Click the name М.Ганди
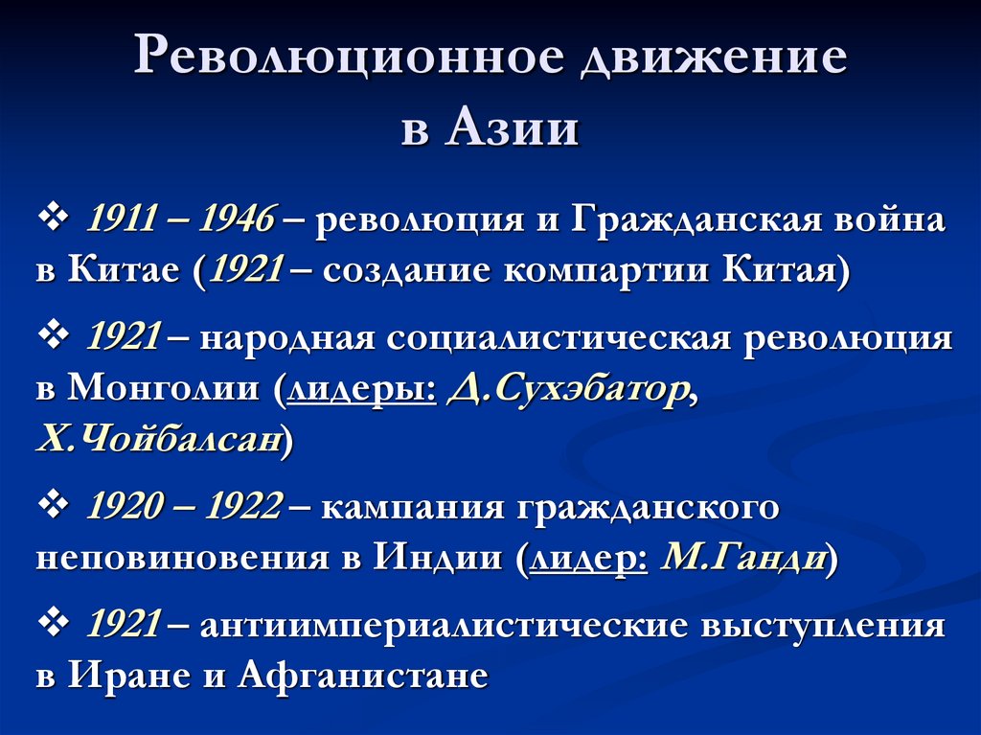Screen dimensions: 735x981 click(743, 557)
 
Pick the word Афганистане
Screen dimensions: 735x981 click(363, 675)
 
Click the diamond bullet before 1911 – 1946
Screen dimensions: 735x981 click(52, 219)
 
